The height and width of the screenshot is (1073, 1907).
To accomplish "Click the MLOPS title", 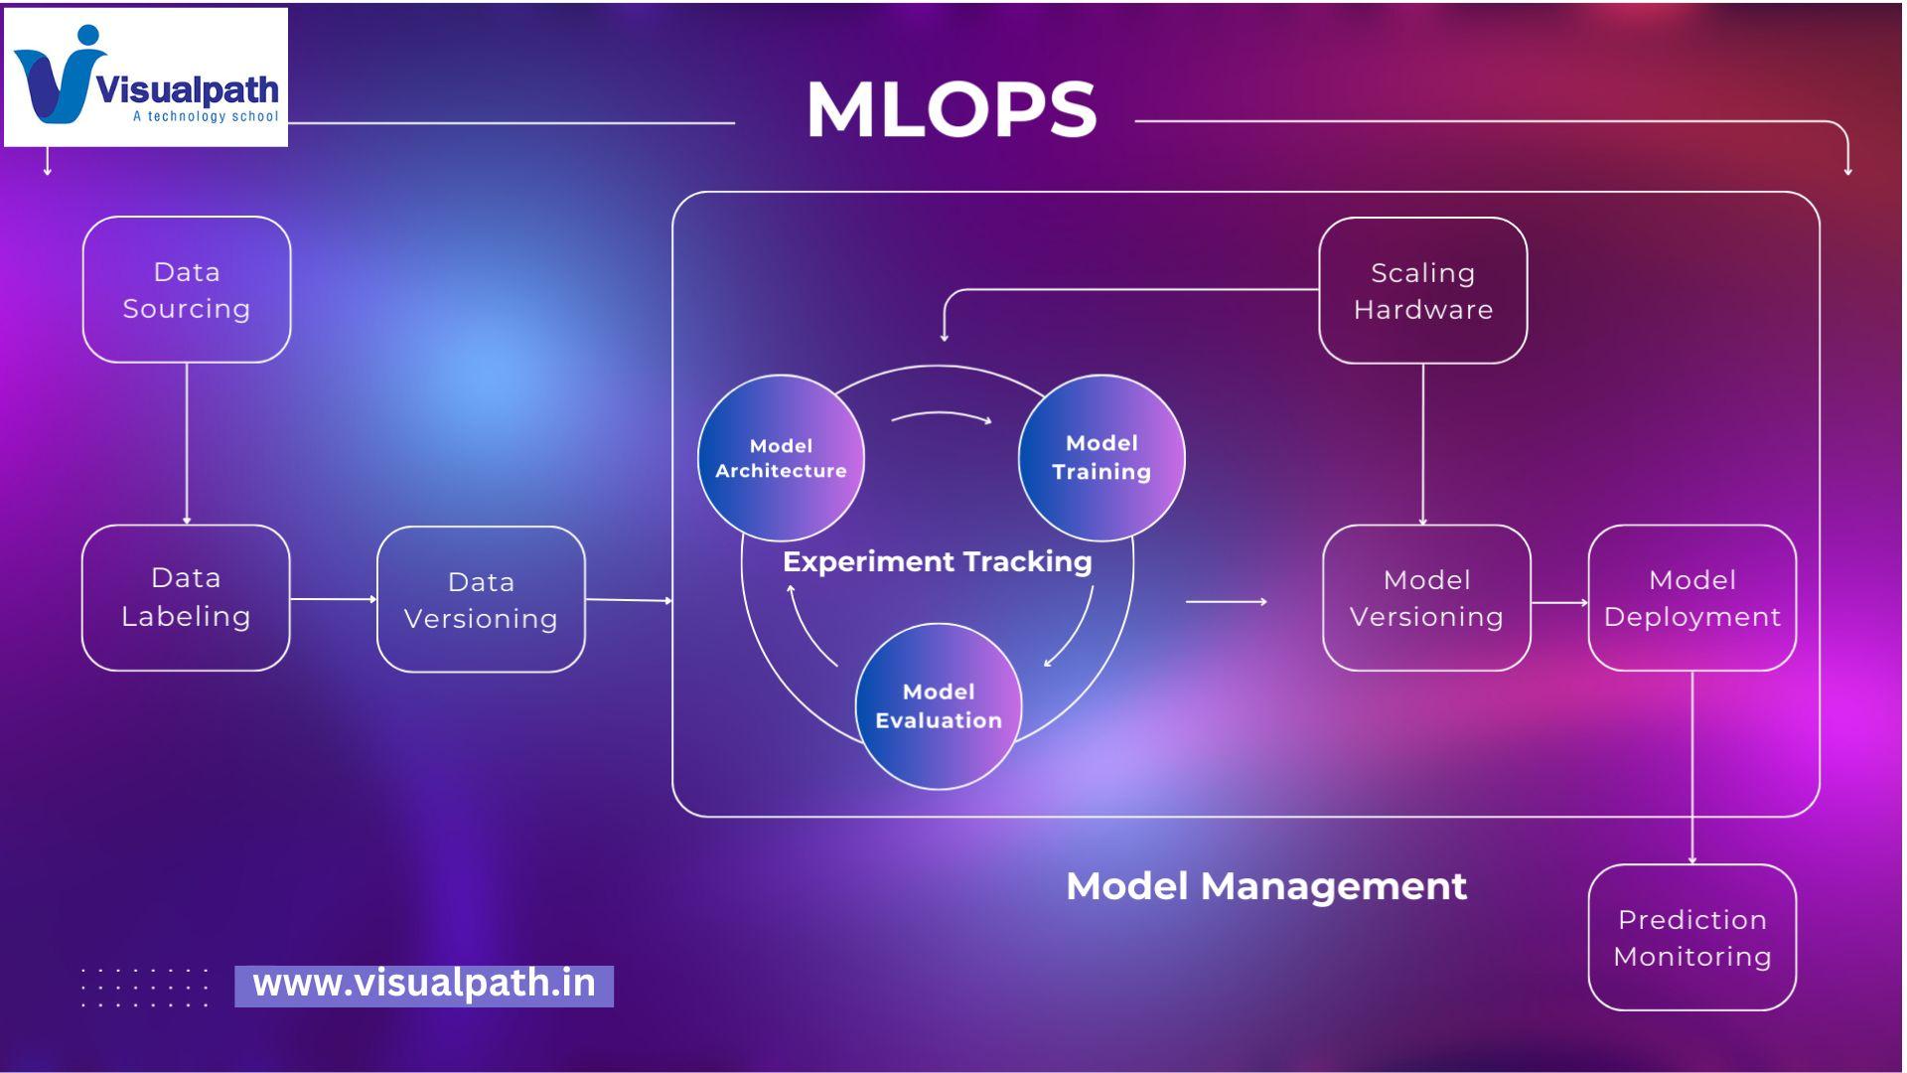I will (x=952, y=109).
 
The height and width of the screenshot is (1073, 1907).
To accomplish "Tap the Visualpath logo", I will (x=146, y=77).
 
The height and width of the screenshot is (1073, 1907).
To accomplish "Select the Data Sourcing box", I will (x=187, y=290).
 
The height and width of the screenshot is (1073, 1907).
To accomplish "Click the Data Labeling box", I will (x=186, y=598).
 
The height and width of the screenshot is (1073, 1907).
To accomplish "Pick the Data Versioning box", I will (x=481, y=600).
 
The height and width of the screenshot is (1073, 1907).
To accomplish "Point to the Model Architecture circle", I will (x=781, y=458).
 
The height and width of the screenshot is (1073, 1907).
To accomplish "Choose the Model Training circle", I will (x=1101, y=458).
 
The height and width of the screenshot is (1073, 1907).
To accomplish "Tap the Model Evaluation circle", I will (x=939, y=706).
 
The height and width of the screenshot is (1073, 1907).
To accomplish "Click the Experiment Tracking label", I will (x=937, y=562).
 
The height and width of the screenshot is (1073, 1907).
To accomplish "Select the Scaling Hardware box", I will (x=1422, y=291).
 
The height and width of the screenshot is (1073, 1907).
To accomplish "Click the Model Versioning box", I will (x=1426, y=598).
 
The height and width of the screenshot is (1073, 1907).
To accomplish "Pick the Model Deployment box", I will (x=1691, y=598).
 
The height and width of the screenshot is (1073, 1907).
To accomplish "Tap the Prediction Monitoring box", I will (x=1691, y=938).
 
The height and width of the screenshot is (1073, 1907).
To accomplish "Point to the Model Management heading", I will (x=1265, y=886).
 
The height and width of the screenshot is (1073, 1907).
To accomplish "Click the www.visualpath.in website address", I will (x=424, y=985).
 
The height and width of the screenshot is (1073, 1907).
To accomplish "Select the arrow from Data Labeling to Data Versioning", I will (x=334, y=599).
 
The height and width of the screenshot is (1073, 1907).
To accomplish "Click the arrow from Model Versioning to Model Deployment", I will (x=1559, y=602).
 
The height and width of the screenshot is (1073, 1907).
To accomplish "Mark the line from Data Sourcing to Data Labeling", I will (x=187, y=443).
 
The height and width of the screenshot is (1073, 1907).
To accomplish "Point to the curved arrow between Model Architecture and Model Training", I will (x=941, y=416).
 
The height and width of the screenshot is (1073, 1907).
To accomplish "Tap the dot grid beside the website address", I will (x=145, y=988).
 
